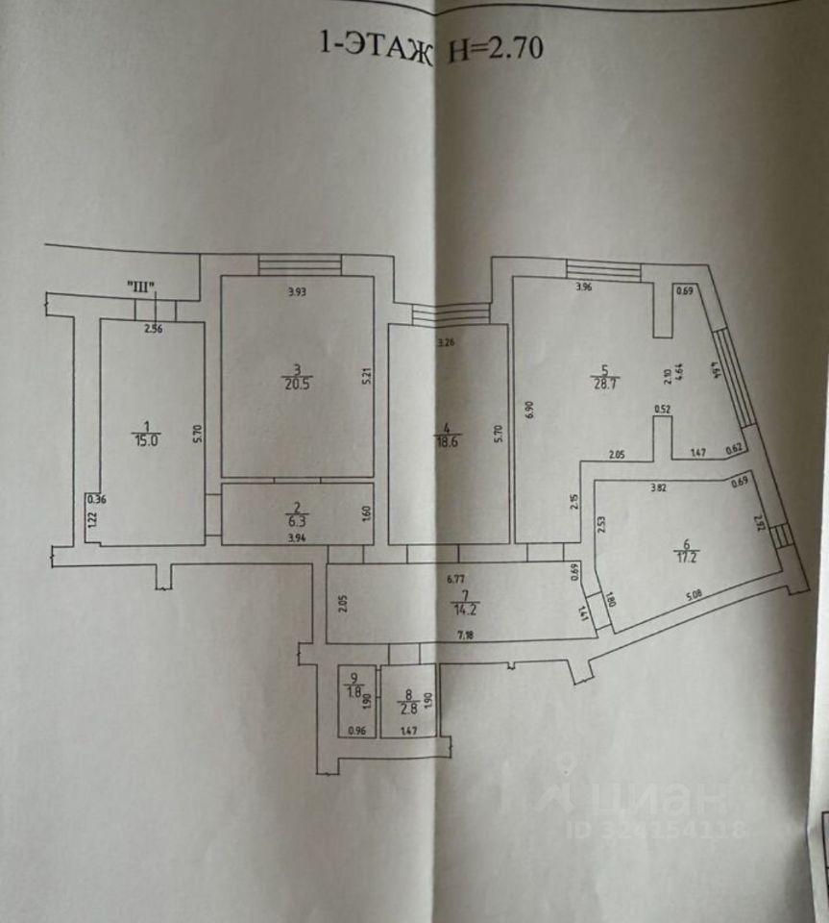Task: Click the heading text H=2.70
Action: (x=495, y=47)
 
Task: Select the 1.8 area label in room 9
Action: (x=355, y=692)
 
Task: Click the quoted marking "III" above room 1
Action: (x=140, y=286)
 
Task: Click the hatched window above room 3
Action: (x=300, y=263)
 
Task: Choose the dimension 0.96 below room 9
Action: (x=355, y=731)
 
